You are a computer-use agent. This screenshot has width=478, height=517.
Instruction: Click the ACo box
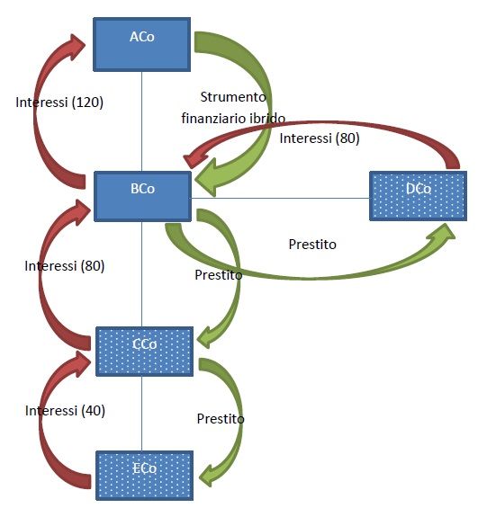[x=142, y=45]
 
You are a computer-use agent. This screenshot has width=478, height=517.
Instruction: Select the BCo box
[x=142, y=196]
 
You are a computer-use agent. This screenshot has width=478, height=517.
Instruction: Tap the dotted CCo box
[x=145, y=352]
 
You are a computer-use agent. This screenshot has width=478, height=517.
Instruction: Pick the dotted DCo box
[x=419, y=196]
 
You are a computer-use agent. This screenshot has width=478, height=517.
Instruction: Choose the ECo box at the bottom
[x=145, y=476]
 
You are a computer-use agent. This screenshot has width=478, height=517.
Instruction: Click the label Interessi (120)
[x=59, y=103]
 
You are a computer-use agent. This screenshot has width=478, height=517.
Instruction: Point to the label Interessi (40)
[x=65, y=411]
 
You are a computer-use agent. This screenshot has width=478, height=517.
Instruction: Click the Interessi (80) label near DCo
[x=320, y=138]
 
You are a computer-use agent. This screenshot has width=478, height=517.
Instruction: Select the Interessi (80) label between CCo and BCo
[x=65, y=266]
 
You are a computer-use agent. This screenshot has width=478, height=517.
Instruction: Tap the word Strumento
[x=233, y=97]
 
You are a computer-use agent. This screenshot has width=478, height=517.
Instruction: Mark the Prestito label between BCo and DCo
[x=312, y=245]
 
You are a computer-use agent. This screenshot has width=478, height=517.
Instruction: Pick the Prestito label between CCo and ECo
[x=221, y=419]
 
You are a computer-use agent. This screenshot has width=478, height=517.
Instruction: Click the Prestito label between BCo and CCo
[x=219, y=274]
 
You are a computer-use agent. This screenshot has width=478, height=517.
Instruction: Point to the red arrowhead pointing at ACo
[x=75, y=46]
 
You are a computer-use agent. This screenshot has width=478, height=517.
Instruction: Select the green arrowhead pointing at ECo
[x=209, y=476]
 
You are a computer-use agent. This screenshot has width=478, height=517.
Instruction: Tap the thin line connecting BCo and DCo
[x=280, y=198]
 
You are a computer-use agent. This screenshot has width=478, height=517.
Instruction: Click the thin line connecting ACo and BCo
[x=142, y=121]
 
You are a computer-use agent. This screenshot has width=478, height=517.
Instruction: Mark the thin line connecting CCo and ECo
[x=142, y=414]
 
